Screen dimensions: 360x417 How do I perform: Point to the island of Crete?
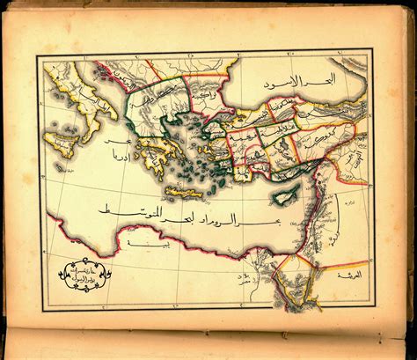[x=187, y=191]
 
